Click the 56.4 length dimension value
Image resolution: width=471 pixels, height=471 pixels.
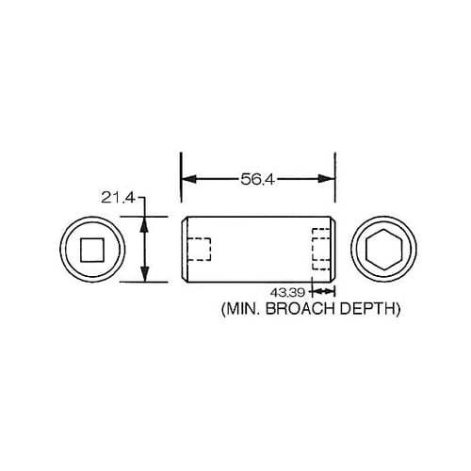(257, 178)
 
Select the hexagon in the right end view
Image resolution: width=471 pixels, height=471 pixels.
(384, 250)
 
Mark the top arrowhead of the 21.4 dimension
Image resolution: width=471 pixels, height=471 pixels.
(144, 222)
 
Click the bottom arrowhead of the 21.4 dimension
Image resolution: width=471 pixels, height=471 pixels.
(144, 276)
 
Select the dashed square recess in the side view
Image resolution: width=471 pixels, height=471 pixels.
(198, 250)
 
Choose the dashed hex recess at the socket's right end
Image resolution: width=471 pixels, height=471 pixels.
(321, 250)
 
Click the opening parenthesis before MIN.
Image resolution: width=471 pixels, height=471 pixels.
(223, 308)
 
